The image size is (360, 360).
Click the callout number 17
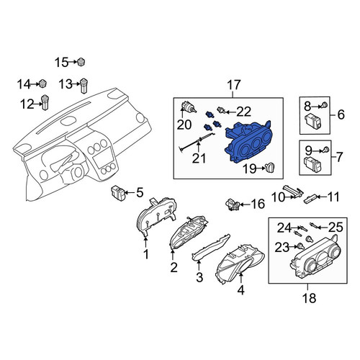(x=233, y=85)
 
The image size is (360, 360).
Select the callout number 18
(x=309, y=298)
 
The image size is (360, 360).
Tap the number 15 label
(x=61, y=63)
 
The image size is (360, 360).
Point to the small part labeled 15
(x=81, y=62)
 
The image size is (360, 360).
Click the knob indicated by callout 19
(x=270, y=167)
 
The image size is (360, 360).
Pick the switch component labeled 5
(x=118, y=193)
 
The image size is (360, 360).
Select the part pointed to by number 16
(x=233, y=204)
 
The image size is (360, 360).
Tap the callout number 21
(x=199, y=158)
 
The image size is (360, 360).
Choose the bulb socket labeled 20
(x=189, y=107)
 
